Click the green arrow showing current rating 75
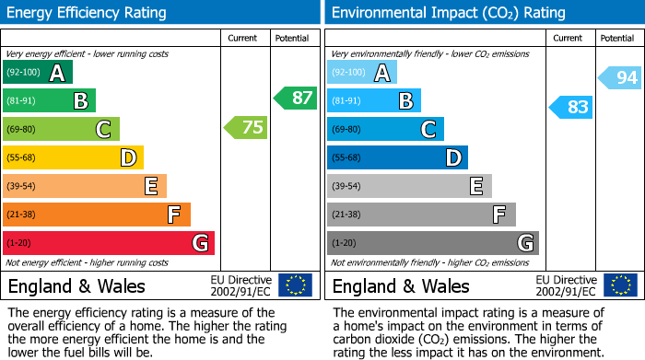tap(246, 128)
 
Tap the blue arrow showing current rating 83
tap(570, 108)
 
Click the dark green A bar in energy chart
tap(38, 73)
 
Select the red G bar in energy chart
tap(109, 243)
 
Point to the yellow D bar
tap(74, 157)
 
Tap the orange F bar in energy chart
tap(97, 215)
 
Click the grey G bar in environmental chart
tap(432, 243)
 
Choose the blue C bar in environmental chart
tap(385, 129)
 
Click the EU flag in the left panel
tap(295, 285)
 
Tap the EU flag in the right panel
tap(619, 285)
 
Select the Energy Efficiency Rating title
tap(88, 13)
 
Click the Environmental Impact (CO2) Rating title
tap(448, 13)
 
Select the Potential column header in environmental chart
tap(617, 38)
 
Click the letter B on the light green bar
tap(80, 101)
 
